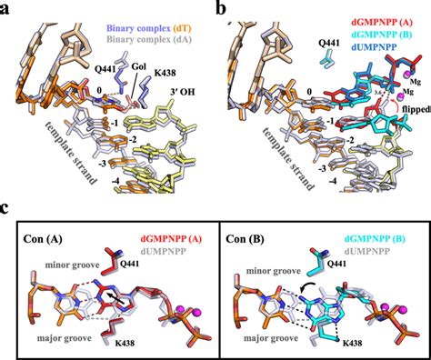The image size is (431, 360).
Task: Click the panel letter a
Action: (6, 10)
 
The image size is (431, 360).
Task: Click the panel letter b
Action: (223, 10)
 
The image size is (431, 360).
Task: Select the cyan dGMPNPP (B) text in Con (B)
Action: (375, 233)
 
